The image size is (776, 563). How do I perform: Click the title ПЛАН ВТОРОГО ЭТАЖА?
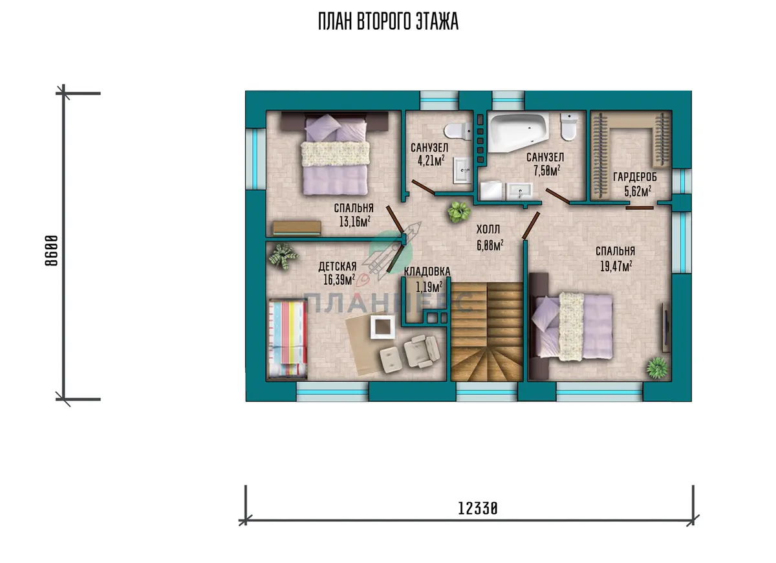388,21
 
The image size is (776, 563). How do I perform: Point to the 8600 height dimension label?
51,250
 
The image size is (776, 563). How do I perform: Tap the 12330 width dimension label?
478,509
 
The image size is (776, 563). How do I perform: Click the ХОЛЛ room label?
488,229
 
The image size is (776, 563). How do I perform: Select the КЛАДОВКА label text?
427,271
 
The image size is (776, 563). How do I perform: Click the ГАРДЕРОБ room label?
635,177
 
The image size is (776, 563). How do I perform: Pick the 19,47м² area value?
616,266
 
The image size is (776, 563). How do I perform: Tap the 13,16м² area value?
355,221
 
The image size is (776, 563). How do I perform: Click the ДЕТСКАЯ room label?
338,266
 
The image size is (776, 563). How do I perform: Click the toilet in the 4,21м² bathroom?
458,131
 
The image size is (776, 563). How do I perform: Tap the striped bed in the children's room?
288,338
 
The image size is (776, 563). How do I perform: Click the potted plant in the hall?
458,212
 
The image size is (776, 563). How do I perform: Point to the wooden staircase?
487,331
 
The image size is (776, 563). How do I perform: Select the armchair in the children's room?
422,351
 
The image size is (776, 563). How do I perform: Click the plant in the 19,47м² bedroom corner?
657,367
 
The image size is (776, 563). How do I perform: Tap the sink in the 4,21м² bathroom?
463,170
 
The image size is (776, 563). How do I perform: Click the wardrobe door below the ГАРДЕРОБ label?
640,208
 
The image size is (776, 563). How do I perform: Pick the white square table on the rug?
383,327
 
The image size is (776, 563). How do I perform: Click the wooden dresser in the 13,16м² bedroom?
297,228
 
